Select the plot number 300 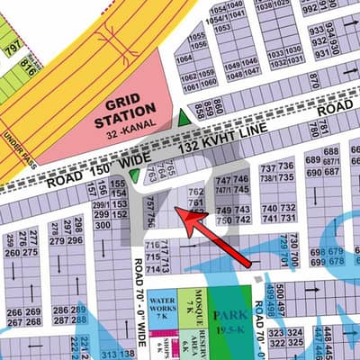pos(104,225)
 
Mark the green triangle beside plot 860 pos(184,118)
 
